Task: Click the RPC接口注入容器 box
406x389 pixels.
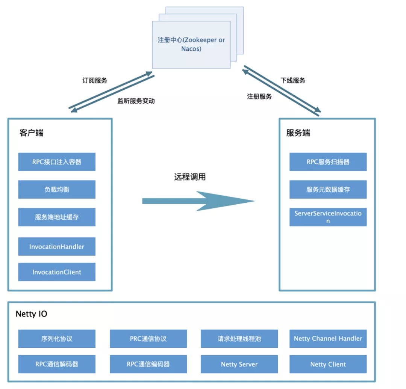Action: (x=57, y=162)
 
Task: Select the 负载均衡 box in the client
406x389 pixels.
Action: (x=57, y=189)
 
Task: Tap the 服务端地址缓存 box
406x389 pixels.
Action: (x=57, y=217)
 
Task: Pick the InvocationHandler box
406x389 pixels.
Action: (x=57, y=247)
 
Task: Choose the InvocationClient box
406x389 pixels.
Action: (x=57, y=272)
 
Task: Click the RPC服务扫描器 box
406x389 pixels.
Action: (x=328, y=162)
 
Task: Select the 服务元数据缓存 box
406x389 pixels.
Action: (x=328, y=189)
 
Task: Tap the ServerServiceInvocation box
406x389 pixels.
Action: (x=328, y=217)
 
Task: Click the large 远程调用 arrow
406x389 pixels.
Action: (x=198, y=201)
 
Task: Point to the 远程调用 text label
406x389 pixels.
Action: (x=190, y=177)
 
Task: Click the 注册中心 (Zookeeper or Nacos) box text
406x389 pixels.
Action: (x=191, y=44)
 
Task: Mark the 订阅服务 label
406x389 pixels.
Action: (x=95, y=80)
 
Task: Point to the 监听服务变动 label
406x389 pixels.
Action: (x=136, y=101)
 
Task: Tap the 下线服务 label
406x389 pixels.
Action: (x=293, y=80)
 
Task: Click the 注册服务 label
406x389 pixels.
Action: (x=259, y=96)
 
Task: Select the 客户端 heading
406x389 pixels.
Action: (x=31, y=133)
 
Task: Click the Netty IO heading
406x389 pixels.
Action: (x=32, y=314)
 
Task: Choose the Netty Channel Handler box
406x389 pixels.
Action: (x=328, y=339)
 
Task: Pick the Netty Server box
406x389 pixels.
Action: (x=239, y=364)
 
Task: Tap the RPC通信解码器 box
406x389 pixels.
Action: (x=57, y=364)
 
